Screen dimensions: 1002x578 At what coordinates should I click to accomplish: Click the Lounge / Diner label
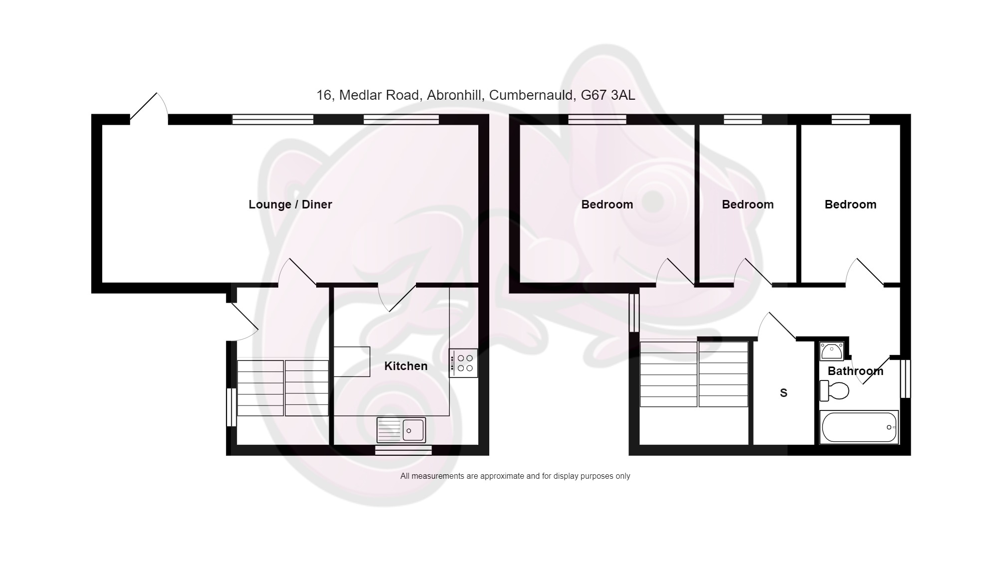(x=290, y=204)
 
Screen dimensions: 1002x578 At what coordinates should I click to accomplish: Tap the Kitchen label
(x=405, y=366)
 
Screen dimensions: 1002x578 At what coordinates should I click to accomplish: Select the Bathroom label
(x=855, y=371)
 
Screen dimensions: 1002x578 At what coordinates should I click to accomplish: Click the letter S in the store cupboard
(x=784, y=393)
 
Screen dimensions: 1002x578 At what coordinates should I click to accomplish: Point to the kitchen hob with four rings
(x=463, y=363)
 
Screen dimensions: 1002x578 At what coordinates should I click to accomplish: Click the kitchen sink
(x=401, y=430)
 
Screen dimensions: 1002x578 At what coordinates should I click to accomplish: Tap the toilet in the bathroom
(x=834, y=390)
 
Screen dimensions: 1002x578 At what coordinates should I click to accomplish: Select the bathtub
(x=859, y=427)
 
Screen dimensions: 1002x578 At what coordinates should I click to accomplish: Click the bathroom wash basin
(x=831, y=351)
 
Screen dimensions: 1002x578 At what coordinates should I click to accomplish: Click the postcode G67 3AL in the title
(x=608, y=95)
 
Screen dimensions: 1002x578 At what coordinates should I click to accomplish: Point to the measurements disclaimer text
(x=515, y=476)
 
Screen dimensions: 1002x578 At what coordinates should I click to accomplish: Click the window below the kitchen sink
(x=403, y=450)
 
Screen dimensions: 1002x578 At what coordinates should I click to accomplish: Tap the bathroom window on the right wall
(x=906, y=379)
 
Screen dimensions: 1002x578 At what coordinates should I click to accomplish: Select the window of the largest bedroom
(x=597, y=119)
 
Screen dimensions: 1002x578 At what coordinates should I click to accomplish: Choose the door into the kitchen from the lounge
(x=397, y=298)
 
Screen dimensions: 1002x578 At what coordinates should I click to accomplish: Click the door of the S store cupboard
(x=777, y=327)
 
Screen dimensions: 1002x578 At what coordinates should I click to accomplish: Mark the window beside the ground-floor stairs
(x=231, y=407)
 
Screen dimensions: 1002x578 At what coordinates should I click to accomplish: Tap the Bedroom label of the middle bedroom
(x=748, y=204)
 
